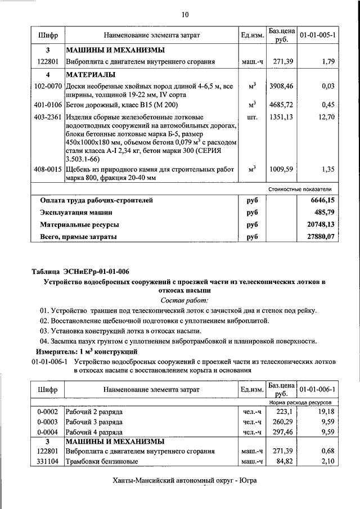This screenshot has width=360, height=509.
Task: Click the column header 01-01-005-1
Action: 317,35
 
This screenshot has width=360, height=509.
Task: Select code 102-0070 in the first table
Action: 48,86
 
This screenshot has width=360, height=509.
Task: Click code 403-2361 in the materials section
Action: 48,117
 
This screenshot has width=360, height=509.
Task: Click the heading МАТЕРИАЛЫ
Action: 91,74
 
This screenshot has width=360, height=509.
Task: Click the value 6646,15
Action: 320,200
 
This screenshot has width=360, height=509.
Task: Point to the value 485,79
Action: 322,213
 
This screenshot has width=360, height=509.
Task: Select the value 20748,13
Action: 318,224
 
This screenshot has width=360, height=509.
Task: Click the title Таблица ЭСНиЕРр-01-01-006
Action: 80,272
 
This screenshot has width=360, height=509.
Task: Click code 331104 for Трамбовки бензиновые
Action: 48,462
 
